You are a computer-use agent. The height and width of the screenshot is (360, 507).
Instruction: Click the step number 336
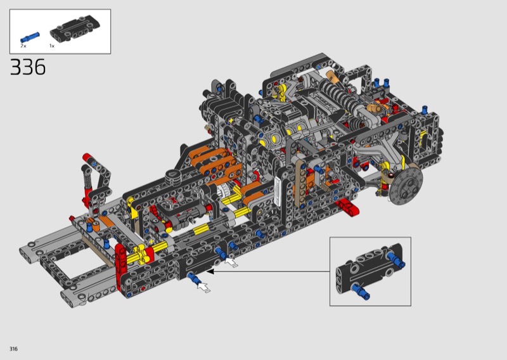(x=28, y=67)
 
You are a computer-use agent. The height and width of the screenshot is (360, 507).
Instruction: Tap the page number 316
(x=13, y=349)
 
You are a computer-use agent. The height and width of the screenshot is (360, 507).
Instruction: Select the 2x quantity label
(x=23, y=46)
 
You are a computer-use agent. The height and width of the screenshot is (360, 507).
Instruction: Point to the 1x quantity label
(x=52, y=46)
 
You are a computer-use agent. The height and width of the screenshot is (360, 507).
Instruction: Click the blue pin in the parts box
(x=30, y=37)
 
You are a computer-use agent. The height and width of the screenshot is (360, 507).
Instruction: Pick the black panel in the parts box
(x=75, y=29)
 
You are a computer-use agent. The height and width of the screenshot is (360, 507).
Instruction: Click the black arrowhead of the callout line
(x=210, y=272)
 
